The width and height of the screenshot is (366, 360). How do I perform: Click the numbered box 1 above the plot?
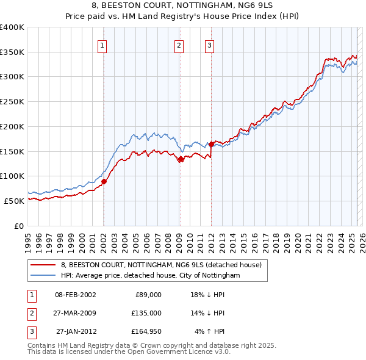click(102, 45)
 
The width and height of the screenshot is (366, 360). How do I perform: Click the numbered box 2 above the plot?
click(179, 45)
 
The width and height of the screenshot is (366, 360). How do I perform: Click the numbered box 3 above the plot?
click(209, 45)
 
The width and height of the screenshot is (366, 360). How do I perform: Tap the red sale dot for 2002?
click(104, 181)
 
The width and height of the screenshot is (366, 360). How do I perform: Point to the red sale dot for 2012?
click(211, 144)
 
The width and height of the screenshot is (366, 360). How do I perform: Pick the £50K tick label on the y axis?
click(15, 201)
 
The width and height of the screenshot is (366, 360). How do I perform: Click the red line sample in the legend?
click(44, 265)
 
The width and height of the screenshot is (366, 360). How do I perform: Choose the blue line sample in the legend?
click(44, 276)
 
